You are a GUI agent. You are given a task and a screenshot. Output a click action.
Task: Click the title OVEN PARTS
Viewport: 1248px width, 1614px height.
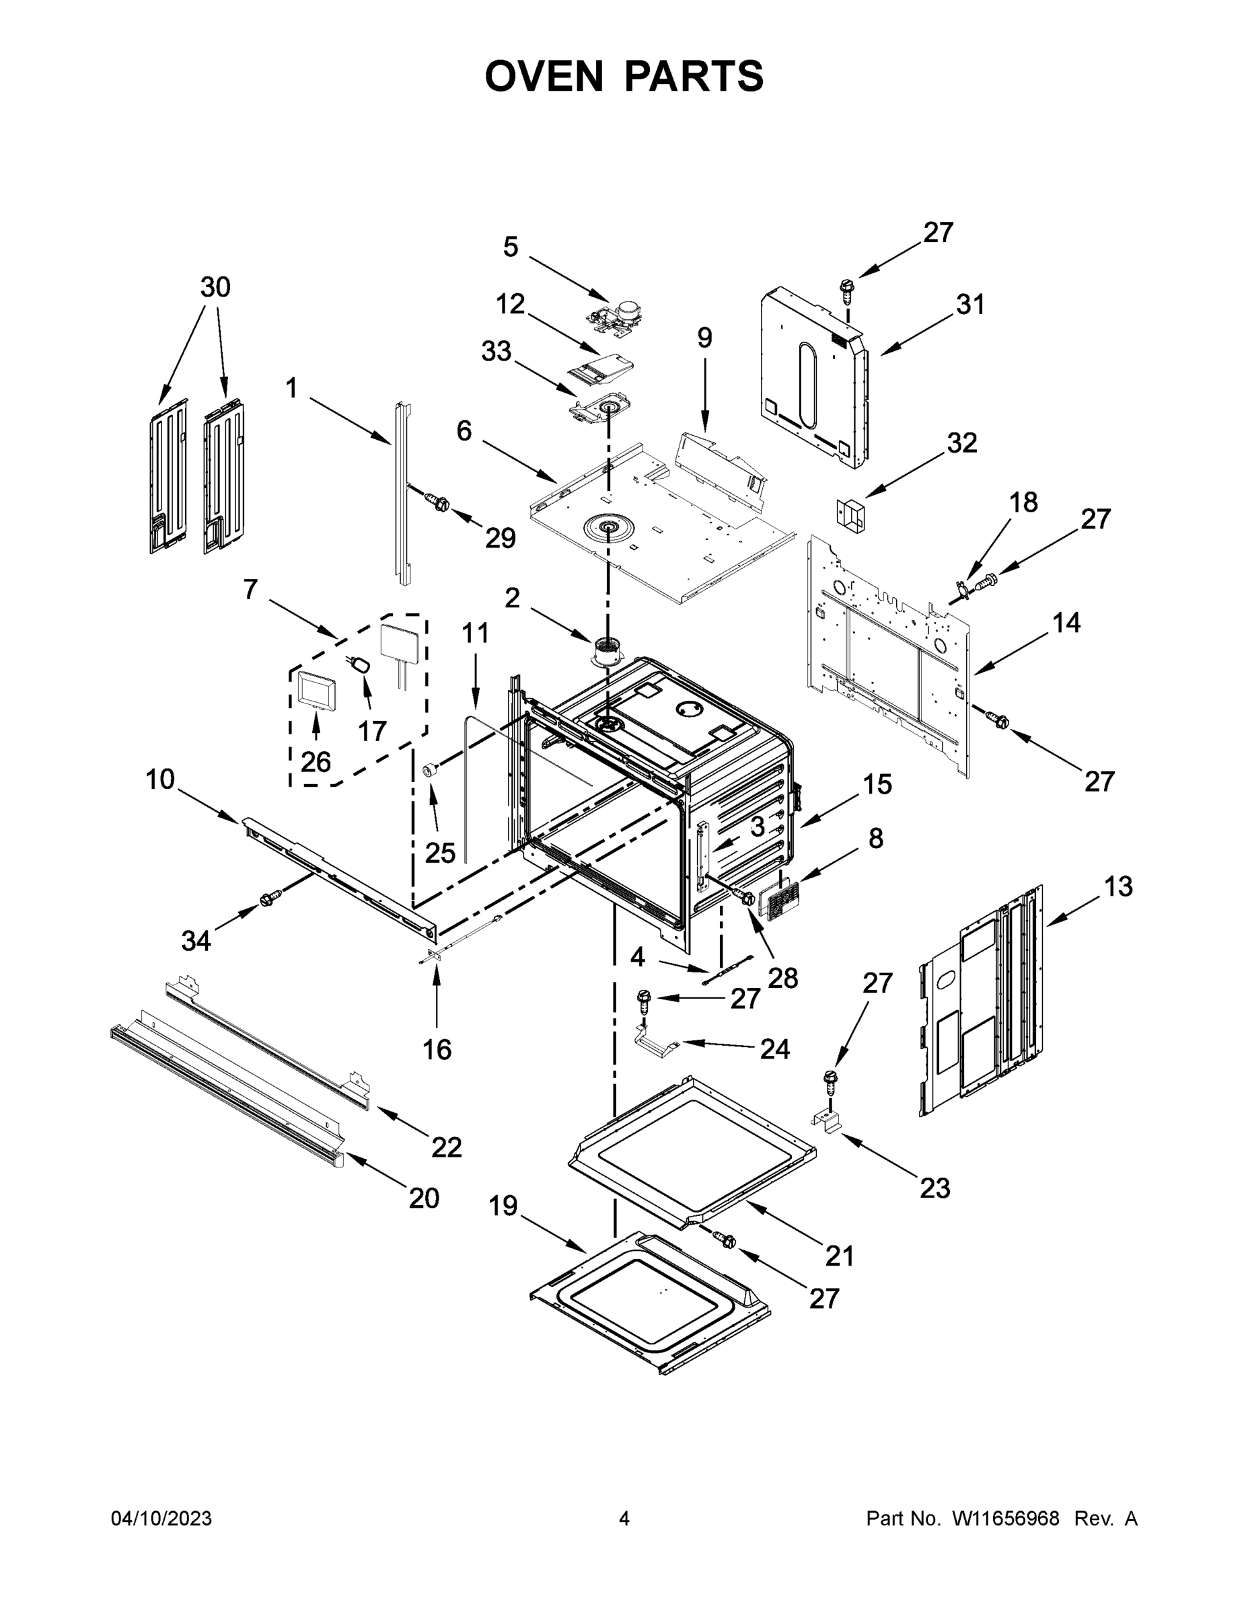pyautogui.click(x=624, y=75)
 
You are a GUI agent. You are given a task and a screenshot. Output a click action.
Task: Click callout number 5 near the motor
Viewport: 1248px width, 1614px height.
pyautogui.click(x=510, y=247)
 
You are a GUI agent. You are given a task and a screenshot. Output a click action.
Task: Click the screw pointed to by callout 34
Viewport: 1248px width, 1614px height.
pyautogui.click(x=268, y=898)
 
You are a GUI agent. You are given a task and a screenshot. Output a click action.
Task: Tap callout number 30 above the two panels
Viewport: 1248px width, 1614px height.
pyautogui.click(x=215, y=286)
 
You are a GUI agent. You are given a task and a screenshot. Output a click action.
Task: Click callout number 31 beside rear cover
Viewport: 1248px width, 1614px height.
pyautogui.click(x=971, y=305)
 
